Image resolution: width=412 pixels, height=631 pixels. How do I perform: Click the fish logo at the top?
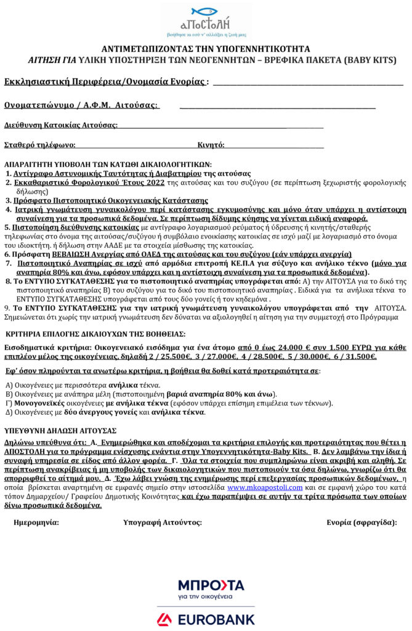205,11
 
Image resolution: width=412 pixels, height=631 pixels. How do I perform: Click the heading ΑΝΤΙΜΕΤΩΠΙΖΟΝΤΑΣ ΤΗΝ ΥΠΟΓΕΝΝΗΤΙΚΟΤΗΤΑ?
205,49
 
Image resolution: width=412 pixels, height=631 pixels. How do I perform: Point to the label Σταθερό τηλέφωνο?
39,145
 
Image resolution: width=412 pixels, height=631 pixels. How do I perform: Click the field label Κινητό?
211,145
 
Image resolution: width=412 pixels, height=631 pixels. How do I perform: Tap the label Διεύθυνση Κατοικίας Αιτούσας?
61,125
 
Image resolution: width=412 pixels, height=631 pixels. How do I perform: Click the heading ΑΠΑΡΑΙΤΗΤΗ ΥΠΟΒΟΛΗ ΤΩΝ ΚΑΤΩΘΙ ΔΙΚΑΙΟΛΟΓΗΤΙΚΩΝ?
108,165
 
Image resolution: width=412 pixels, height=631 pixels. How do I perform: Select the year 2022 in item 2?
154,183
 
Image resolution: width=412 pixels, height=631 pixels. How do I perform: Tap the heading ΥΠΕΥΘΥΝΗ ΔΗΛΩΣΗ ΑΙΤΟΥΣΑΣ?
60,430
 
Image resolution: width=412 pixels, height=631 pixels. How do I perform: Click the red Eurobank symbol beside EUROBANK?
163,619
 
